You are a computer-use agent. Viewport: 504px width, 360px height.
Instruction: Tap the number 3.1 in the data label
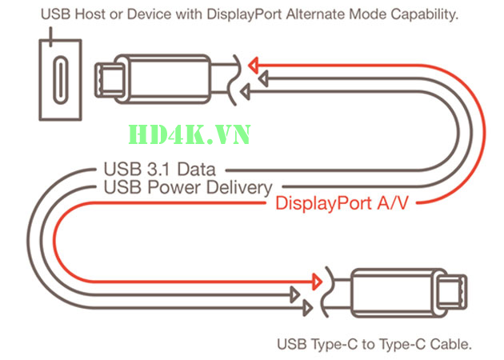click(x=149, y=170)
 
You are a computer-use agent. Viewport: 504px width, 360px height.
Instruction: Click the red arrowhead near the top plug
click(x=254, y=63)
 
